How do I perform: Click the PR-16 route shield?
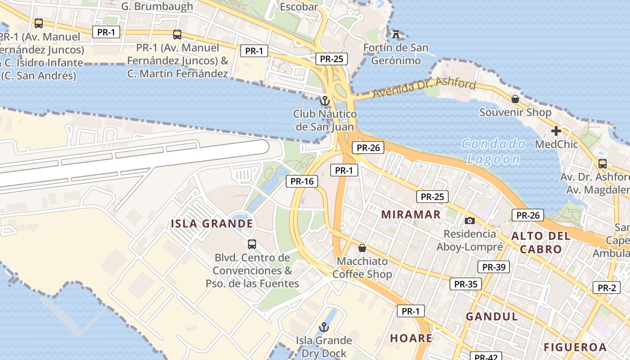[x=302, y=181]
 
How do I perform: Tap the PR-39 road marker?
[x=493, y=267]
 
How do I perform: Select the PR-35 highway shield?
[x=465, y=284]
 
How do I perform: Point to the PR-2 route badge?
[x=606, y=288]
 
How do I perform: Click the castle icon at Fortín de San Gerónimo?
[x=396, y=34]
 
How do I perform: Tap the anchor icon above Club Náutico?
[x=324, y=100]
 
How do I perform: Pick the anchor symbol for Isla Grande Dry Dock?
[x=324, y=327]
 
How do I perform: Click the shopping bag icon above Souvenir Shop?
[x=515, y=99]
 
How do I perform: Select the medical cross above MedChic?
[x=556, y=131]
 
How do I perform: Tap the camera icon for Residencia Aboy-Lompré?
[x=469, y=220]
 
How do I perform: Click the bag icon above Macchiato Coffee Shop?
[x=362, y=248]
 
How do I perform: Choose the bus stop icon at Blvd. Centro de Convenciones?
[x=252, y=244]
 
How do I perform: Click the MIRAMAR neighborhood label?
[x=411, y=215]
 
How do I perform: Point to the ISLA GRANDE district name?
[x=211, y=224]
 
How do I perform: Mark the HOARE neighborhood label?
[x=411, y=338]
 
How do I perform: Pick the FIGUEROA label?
[x=575, y=347]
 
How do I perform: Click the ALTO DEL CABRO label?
[x=540, y=243]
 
